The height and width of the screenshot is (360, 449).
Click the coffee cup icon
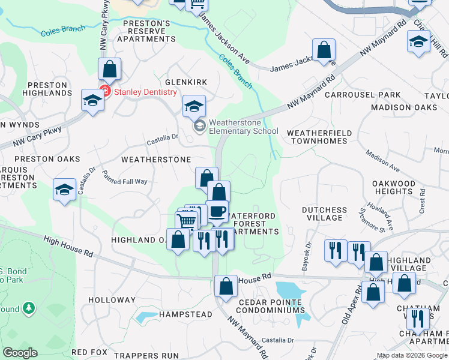pyautogui.click(x=217, y=211)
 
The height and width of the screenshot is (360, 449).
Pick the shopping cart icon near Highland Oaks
pyautogui.click(x=187, y=221)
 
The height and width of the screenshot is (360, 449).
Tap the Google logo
pyautogui.click(x=20, y=353)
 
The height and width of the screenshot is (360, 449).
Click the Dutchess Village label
pyautogui.click(x=324, y=214)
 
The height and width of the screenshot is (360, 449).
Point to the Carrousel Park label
pyautogui.click(x=363, y=95)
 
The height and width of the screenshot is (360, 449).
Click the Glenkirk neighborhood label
pyautogui.click(x=186, y=82)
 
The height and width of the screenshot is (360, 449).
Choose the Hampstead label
pyautogui.click(x=185, y=314)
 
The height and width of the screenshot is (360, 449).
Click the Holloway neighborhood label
pyautogui.click(x=112, y=299)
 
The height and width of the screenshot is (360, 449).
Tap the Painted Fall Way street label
pyautogui.click(x=124, y=178)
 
